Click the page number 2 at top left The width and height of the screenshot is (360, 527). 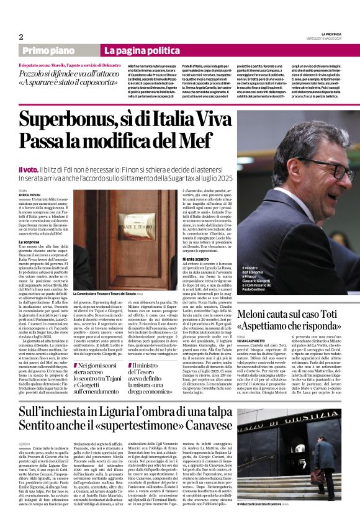tap(21, 36)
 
